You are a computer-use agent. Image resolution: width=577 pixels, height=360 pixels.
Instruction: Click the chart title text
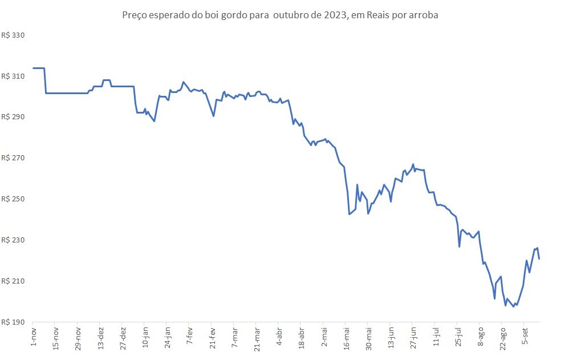pyautogui.click(x=280, y=15)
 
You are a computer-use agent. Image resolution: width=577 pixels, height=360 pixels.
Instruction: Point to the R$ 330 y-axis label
pyautogui.click(x=13, y=35)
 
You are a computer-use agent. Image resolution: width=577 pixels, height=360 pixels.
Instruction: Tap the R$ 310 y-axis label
pyautogui.click(x=13, y=76)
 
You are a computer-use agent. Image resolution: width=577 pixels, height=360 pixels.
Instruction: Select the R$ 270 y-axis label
pyautogui.click(x=13, y=158)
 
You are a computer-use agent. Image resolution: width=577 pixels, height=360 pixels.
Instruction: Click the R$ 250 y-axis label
pyautogui.click(x=13, y=199)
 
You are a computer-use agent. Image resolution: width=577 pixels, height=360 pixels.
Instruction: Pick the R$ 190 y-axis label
pyautogui.click(x=13, y=322)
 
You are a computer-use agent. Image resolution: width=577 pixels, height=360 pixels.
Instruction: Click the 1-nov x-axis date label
pyautogui.click(x=34, y=336)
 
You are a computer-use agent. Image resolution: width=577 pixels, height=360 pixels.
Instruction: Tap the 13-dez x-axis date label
pyautogui.click(x=101, y=338)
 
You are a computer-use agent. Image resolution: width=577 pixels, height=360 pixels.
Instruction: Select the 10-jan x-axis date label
pyautogui.click(x=145, y=337)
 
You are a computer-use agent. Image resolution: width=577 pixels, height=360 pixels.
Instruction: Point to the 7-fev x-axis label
pyautogui.click(x=190, y=335)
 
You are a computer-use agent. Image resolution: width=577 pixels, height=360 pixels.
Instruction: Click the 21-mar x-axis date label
pyautogui.click(x=257, y=339)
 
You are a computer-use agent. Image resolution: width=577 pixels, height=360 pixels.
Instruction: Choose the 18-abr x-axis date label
pyautogui.click(x=302, y=338)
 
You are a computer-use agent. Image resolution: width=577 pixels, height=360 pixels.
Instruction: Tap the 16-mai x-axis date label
pyautogui.click(x=347, y=338)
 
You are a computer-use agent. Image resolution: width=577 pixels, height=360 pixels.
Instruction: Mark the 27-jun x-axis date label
pyautogui.click(x=413, y=338)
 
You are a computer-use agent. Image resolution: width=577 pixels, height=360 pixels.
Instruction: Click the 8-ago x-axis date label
pyautogui.click(x=481, y=337)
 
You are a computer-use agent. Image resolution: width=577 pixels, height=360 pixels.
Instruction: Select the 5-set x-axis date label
pyautogui.click(x=526, y=335)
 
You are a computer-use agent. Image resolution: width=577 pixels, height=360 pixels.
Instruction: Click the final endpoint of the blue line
pyautogui.click(x=539, y=259)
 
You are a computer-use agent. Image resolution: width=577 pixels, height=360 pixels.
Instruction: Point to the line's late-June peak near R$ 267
pyautogui.click(x=413, y=164)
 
